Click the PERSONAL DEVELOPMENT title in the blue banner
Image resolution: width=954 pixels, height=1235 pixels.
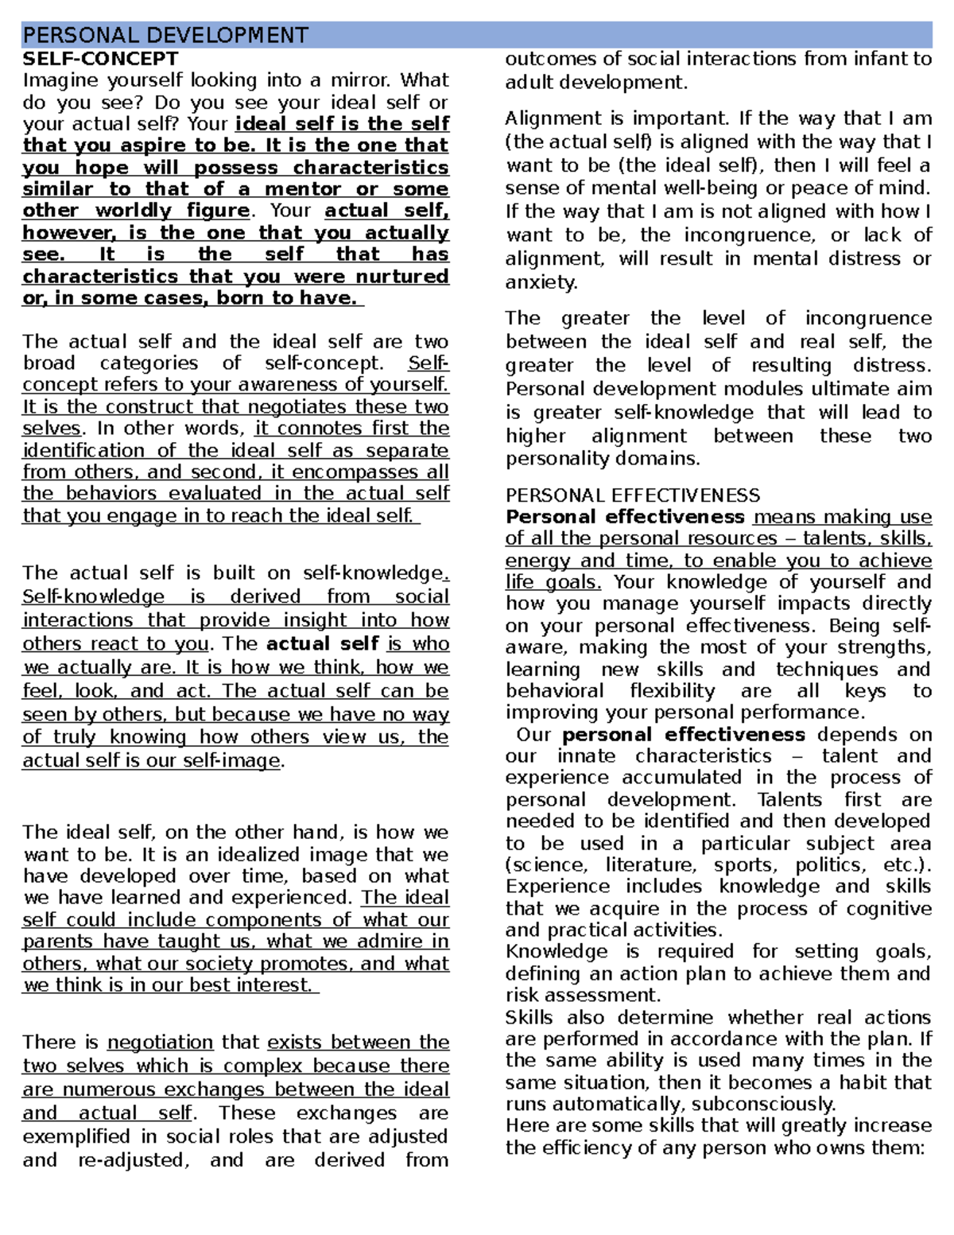[165, 36]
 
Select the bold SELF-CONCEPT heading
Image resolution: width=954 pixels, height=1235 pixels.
[100, 59]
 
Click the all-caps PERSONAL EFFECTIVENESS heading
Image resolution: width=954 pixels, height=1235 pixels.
[632, 495]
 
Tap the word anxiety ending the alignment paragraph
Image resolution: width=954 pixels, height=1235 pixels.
[541, 283]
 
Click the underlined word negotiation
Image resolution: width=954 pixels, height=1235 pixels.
[160, 1043]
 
